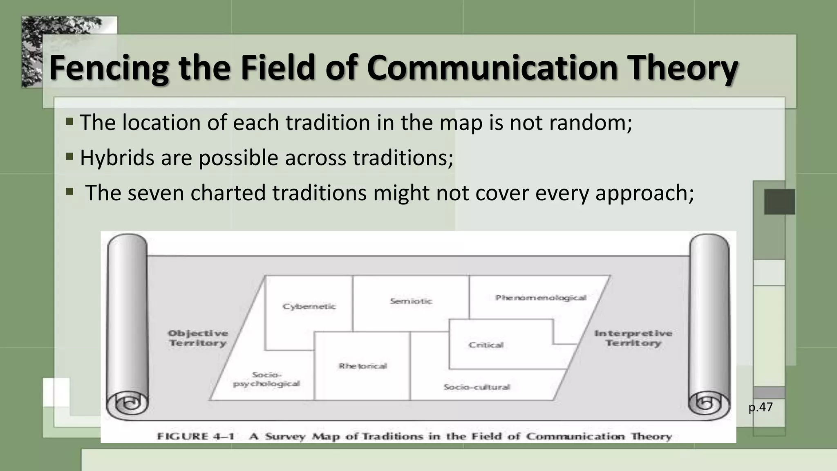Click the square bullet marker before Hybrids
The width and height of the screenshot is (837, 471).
[x=69, y=156]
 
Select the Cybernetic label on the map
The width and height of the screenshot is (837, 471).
[x=309, y=307]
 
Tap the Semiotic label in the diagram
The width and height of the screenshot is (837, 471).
[x=411, y=301]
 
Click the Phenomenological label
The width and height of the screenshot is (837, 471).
[x=541, y=298]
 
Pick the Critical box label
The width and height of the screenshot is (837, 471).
[x=486, y=345]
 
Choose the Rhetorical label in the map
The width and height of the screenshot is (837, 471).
[x=363, y=366]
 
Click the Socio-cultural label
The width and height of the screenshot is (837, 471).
[x=477, y=387]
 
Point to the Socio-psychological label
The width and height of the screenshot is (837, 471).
[x=266, y=379]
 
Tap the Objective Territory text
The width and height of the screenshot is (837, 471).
[x=198, y=338]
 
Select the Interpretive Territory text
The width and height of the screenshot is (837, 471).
[x=633, y=338]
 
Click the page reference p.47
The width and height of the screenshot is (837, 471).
[x=760, y=407]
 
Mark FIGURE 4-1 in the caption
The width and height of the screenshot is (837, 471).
[x=195, y=436]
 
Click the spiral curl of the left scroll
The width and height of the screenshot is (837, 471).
[x=128, y=404]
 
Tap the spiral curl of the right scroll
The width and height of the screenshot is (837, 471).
[x=708, y=404]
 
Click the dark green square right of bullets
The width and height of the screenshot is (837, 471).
[x=779, y=202]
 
